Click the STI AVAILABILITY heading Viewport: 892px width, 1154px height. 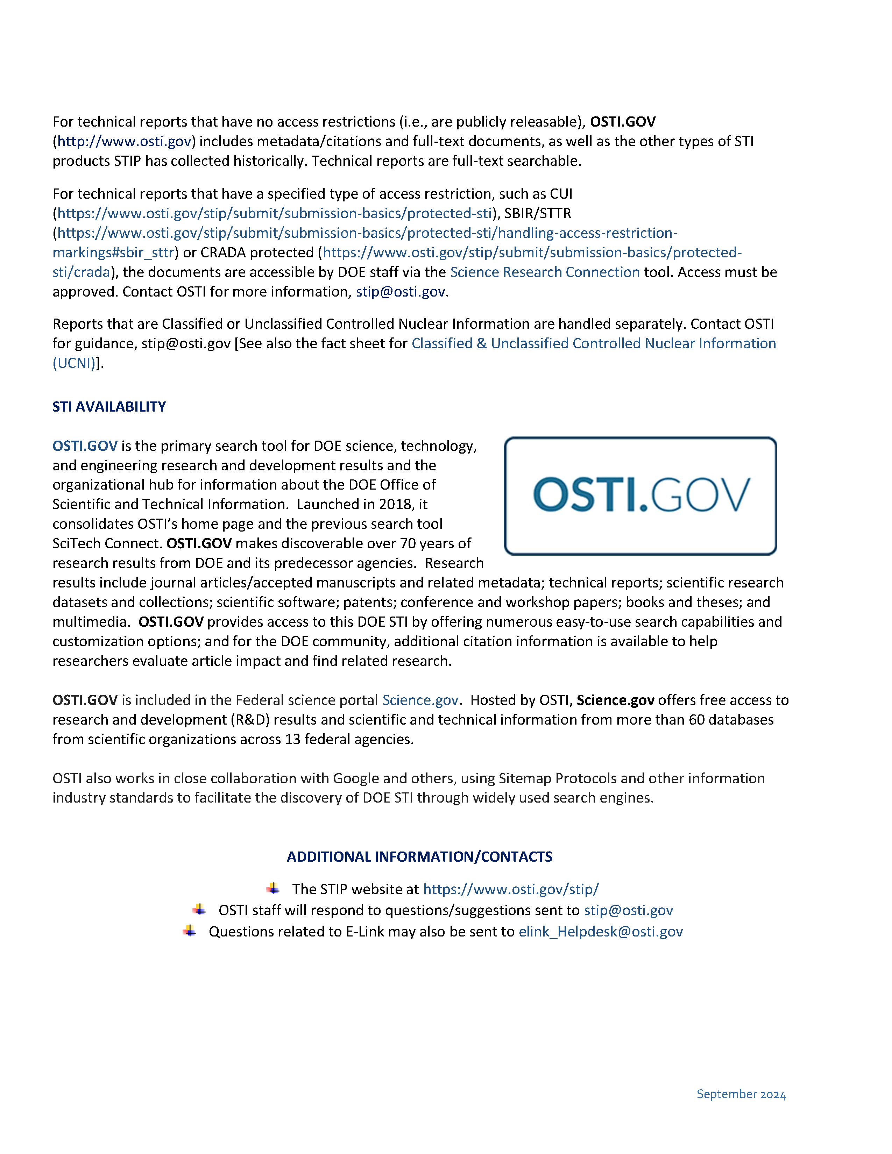pos(109,406)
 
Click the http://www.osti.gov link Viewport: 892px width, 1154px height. pos(124,142)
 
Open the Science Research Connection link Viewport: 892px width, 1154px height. pos(544,272)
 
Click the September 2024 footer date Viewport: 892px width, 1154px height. pos(741,1094)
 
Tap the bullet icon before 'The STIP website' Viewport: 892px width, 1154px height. pos(273,888)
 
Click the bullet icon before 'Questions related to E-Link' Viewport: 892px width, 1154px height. pos(190,931)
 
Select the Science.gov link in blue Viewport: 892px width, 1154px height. pos(420,700)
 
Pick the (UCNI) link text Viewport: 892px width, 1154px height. pos(74,364)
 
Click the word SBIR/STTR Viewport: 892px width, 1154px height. pos(537,213)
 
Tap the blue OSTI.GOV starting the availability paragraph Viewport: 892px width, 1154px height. pos(85,446)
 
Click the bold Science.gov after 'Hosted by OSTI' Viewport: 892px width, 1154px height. pos(615,700)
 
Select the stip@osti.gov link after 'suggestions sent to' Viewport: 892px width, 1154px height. pos(628,910)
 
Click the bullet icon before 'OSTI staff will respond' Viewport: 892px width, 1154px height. pos(199,909)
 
